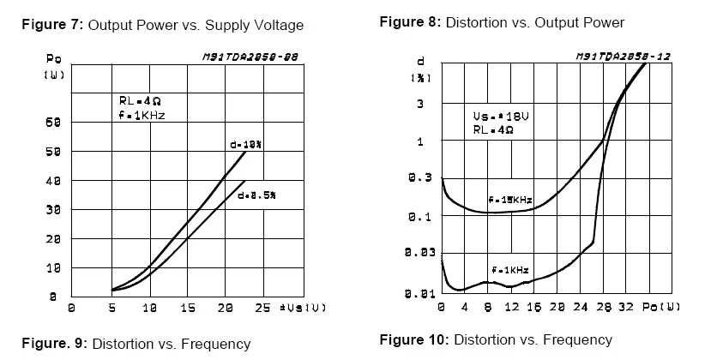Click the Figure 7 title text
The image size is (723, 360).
tap(162, 26)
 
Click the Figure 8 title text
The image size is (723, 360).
tap(502, 22)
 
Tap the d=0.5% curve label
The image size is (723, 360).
tap(259, 195)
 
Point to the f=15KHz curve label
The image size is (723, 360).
tap(509, 200)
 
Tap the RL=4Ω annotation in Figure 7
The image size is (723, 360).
tap(136, 100)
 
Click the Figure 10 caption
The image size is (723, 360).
tap(496, 339)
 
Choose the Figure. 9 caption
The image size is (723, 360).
tap(136, 344)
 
